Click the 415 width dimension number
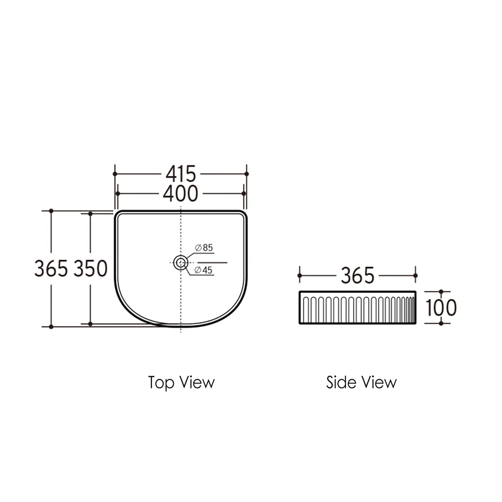click(181, 174)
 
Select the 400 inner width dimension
click(181, 193)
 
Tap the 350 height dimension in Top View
click(91, 269)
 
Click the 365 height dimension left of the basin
click(52, 269)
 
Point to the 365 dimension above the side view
click(357, 276)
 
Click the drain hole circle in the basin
click(181, 263)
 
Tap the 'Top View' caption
click(181, 383)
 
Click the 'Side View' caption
click(361, 383)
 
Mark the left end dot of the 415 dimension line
click(115, 174)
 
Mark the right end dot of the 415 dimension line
click(247, 174)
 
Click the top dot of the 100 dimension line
click(441, 292)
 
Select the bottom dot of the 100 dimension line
click(441, 323)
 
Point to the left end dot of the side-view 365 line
click(300, 276)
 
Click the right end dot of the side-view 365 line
click(415, 276)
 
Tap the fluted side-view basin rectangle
click(357, 307)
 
